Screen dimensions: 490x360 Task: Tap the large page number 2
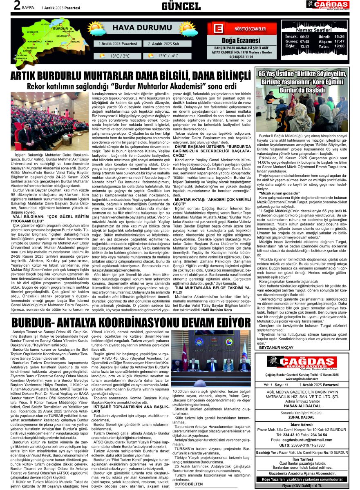click(x=6, y=6)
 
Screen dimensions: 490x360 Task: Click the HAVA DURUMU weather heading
click(x=135, y=28)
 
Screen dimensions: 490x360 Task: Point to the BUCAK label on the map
click(x=76, y=41)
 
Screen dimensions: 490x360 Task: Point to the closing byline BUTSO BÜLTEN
click(x=188, y=483)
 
